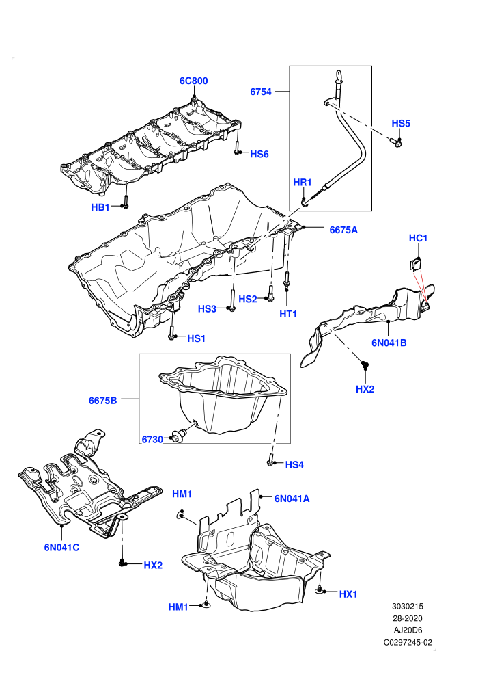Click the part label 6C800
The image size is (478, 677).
pyautogui.click(x=193, y=81)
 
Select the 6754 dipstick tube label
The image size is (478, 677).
pyautogui.click(x=261, y=92)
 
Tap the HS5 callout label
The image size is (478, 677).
pyautogui.click(x=401, y=123)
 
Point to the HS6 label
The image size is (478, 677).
pyautogui.click(x=259, y=154)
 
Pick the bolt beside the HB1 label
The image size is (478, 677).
pyautogui.click(x=126, y=202)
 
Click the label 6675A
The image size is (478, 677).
pyautogui.click(x=343, y=230)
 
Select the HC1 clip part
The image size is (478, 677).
pyautogui.click(x=415, y=263)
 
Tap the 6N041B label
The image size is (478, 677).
pyautogui.click(x=389, y=343)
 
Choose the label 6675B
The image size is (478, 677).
pyautogui.click(x=102, y=401)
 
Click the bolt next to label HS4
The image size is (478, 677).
pyautogui.click(x=270, y=460)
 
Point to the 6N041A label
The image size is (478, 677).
pyautogui.click(x=292, y=499)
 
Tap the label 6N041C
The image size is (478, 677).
pyautogui.click(x=61, y=548)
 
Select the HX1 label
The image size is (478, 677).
pyautogui.click(x=348, y=594)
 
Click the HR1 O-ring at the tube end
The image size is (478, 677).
pyautogui.click(x=305, y=202)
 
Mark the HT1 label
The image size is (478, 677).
pyautogui.click(x=288, y=314)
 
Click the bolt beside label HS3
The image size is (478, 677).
pyautogui.click(x=232, y=300)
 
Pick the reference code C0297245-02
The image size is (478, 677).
pyautogui.click(x=408, y=642)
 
